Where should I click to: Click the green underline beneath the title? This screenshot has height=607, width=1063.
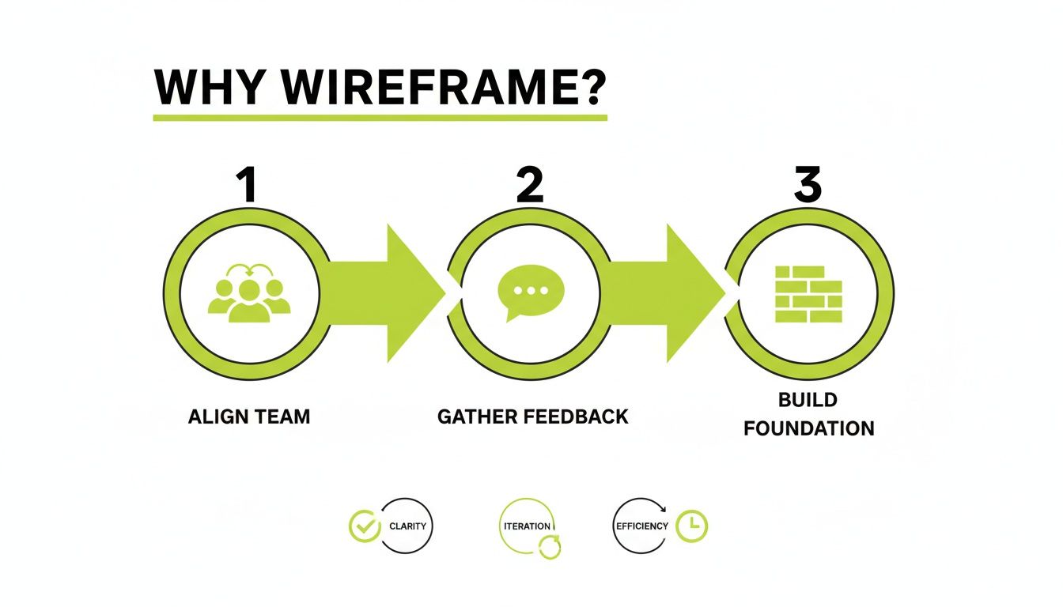(380, 118)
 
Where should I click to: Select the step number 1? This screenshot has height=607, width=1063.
(248, 184)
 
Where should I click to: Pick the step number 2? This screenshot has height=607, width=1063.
(529, 184)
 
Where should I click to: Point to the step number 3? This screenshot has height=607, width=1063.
(808, 184)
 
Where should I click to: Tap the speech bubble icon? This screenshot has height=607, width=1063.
(530, 291)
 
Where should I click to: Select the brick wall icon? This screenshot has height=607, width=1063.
(808, 294)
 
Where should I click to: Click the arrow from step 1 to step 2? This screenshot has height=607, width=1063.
(395, 292)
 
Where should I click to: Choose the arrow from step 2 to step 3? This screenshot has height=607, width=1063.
(676, 292)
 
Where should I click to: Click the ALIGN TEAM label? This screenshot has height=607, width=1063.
(249, 417)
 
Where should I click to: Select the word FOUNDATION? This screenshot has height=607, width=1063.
(809, 429)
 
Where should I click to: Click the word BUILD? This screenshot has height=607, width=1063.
(808, 400)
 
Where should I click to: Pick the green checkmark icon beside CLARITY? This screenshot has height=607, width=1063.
(365, 526)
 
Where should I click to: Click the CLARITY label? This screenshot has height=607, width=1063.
(407, 526)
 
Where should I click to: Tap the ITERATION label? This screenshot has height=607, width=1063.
(527, 526)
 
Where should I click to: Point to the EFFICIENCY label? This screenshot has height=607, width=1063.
(641, 526)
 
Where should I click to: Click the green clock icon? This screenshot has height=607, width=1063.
(691, 526)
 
